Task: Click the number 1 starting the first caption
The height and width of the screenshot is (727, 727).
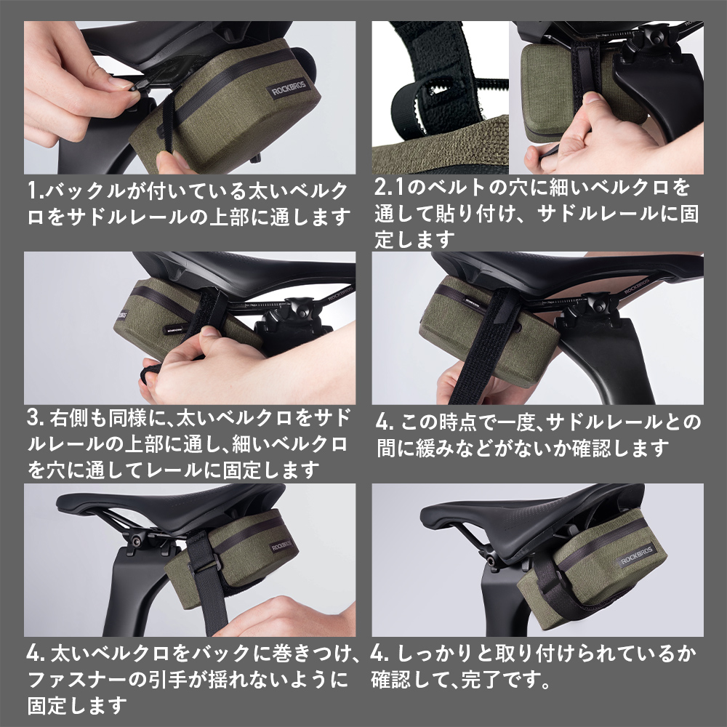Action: coord(33,191)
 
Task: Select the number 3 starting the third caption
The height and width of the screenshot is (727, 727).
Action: coord(33,419)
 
